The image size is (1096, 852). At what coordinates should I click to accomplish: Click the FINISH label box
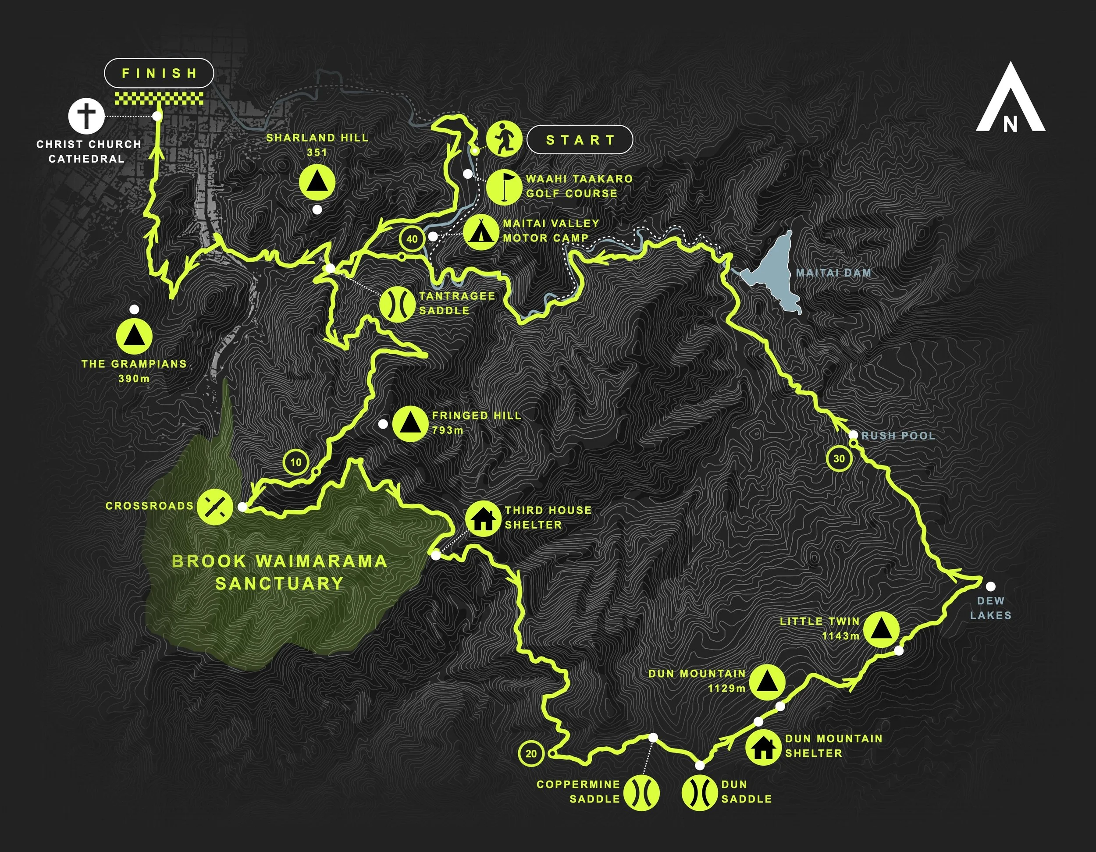click(x=159, y=73)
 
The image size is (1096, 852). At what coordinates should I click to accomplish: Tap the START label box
click(x=580, y=139)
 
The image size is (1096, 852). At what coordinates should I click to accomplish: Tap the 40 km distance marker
click(x=412, y=239)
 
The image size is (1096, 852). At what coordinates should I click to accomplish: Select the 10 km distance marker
click(x=296, y=461)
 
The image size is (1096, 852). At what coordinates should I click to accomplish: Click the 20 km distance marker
click(x=531, y=754)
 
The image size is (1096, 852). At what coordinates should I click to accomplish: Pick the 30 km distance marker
click(x=839, y=458)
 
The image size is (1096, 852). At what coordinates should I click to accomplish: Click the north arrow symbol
click(x=1010, y=106)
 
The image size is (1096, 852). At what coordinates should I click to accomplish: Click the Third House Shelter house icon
click(x=483, y=518)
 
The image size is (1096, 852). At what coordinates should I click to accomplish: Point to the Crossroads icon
click(x=214, y=506)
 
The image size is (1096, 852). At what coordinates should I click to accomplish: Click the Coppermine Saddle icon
click(x=641, y=792)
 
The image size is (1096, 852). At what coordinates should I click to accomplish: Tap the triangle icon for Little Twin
click(x=881, y=628)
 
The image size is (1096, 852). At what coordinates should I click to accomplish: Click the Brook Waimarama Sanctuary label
click(x=280, y=572)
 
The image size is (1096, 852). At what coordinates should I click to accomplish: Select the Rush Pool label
click(x=898, y=436)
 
